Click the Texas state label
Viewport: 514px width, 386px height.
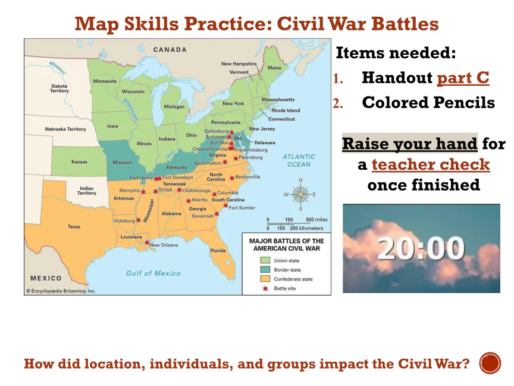(x=74, y=226)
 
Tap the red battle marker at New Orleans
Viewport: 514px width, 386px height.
(x=147, y=242)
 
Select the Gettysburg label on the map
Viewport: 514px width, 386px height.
(x=217, y=131)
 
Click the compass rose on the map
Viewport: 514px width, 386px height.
(x=300, y=194)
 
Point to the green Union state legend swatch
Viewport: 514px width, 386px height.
(x=265, y=260)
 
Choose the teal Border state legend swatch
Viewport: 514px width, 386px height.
(x=265, y=269)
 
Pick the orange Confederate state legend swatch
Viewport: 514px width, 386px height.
(x=265, y=279)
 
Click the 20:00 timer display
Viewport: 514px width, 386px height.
(x=421, y=248)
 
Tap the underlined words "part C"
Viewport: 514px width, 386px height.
(x=463, y=78)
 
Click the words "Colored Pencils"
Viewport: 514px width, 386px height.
(x=428, y=102)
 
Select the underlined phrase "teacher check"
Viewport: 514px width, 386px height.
(x=431, y=164)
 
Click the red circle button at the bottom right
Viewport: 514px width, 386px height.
(x=490, y=363)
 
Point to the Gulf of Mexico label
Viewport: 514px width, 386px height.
(x=153, y=273)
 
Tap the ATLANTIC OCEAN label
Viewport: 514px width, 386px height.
(x=299, y=160)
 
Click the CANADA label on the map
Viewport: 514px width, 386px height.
(x=170, y=49)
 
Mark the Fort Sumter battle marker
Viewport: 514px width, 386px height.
(x=226, y=206)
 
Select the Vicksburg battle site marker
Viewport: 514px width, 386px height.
(x=139, y=220)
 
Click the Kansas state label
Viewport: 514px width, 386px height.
(x=79, y=161)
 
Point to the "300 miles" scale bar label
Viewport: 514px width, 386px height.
(x=316, y=220)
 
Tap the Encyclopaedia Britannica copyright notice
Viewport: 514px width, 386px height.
(x=61, y=291)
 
